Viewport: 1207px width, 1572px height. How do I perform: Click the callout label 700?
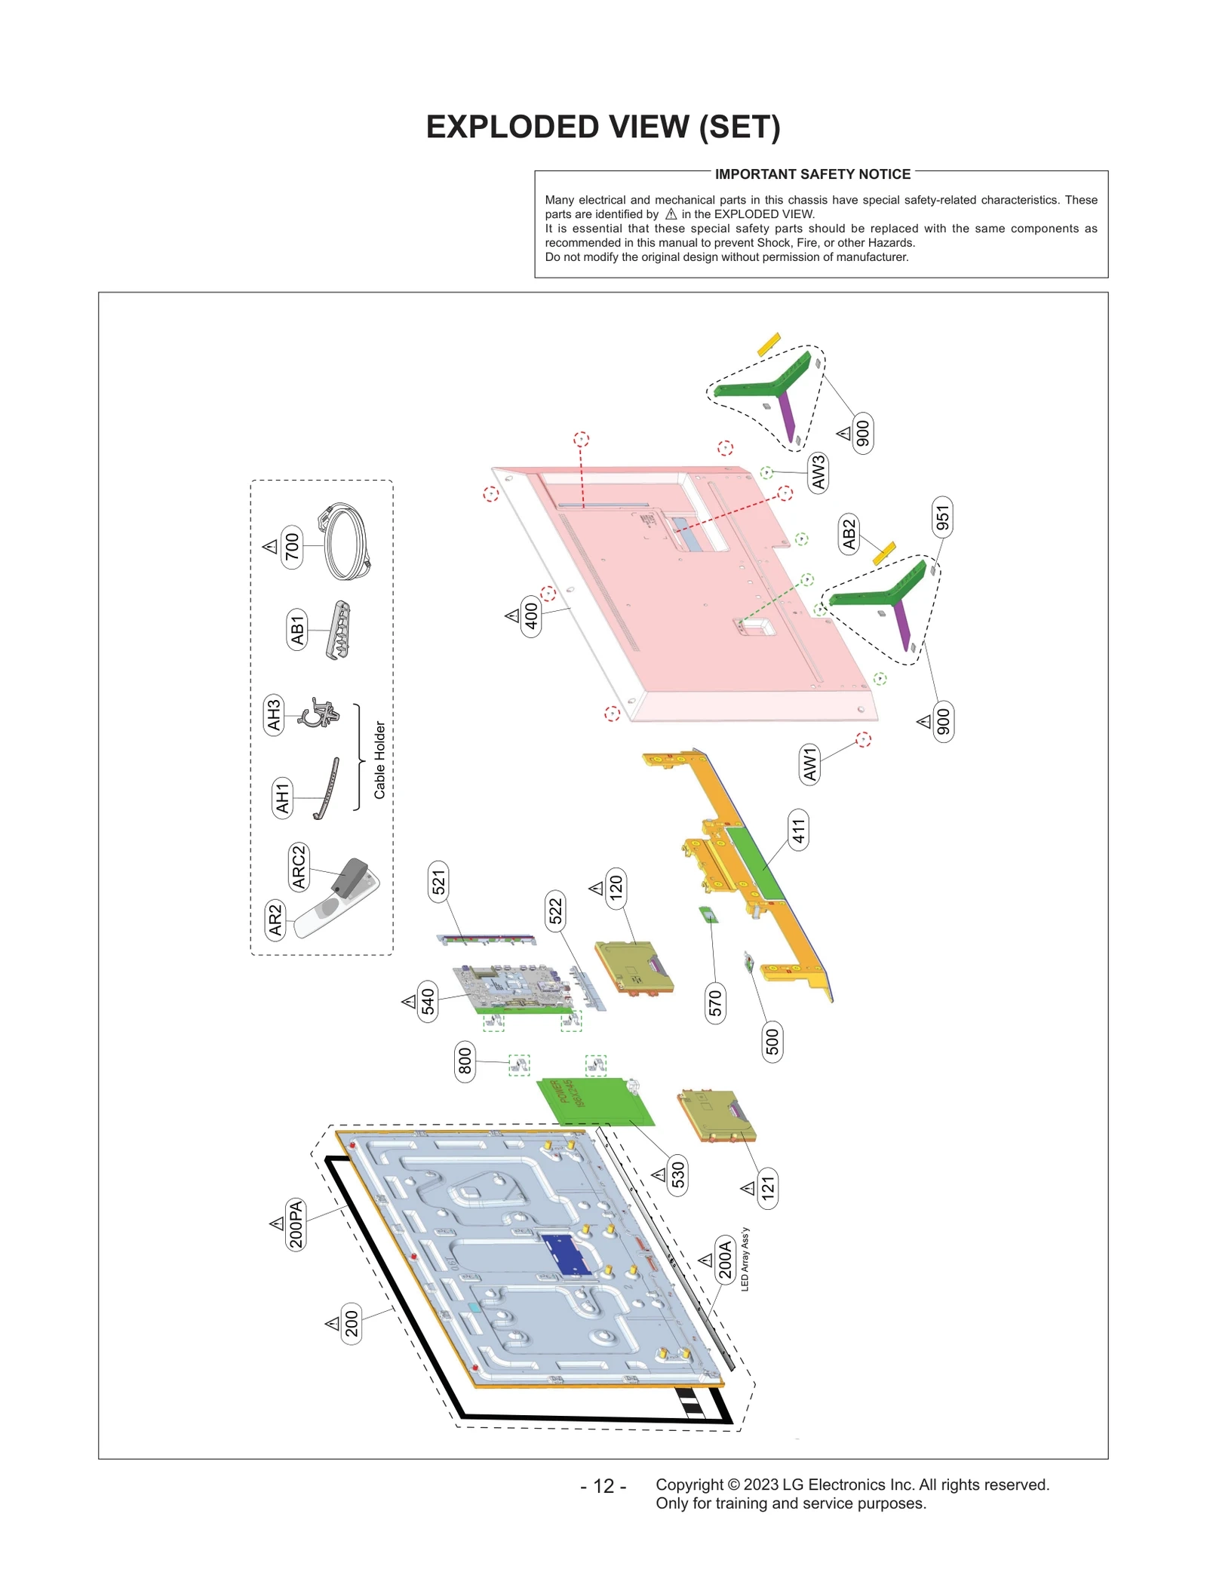tap(292, 547)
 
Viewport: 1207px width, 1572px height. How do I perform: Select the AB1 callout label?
tap(297, 630)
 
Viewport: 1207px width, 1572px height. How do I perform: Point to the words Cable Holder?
tap(379, 760)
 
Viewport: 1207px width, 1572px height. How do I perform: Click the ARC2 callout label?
tap(299, 867)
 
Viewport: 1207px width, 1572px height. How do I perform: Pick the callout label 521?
tap(438, 881)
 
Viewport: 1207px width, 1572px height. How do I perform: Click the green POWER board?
tap(596, 1101)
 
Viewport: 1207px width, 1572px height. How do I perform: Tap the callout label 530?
tap(677, 1174)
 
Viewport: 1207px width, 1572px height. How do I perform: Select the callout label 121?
tap(768, 1188)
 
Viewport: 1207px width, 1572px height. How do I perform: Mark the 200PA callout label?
tap(296, 1224)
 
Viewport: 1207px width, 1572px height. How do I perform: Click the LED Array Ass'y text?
tap(745, 1260)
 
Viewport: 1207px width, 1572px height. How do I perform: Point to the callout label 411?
tap(798, 831)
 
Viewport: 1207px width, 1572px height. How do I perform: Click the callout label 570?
tap(715, 1002)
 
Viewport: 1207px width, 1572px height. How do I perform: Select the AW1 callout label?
tap(809, 764)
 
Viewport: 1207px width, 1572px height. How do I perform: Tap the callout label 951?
tap(942, 517)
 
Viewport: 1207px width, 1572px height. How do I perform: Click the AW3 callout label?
tap(818, 473)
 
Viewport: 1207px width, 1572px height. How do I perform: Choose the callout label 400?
tap(532, 616)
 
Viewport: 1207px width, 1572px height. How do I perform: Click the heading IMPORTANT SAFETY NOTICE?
tap(812, 174)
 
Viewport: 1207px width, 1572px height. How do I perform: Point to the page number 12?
tap(603, 1486)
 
